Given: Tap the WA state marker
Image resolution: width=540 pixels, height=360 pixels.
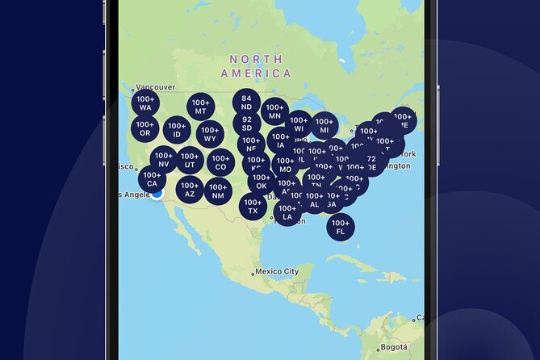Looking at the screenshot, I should pos(145,103).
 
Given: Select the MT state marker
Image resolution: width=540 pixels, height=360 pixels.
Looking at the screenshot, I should pos(201,107).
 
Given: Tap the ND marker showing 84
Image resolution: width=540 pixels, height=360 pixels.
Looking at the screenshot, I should pos(246,103).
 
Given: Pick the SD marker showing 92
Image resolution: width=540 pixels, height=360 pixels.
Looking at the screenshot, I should pos(246,123).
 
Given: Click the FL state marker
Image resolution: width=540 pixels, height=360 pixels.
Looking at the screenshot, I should pos(341,227).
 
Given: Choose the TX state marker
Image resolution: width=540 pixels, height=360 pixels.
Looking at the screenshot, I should pos(253,206).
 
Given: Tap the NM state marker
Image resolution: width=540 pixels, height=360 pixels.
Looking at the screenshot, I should pos(218,191).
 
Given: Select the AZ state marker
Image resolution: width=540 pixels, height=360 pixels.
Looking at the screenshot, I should pos(190,190).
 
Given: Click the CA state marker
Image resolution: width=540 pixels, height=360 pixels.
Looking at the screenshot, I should pos(152,179).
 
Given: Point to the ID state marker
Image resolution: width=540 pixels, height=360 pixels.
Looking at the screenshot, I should pos(177,129).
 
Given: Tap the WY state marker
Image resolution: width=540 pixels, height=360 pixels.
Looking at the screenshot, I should pos(210,134).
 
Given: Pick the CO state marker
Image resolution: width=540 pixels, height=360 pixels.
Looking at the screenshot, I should pos(220,163).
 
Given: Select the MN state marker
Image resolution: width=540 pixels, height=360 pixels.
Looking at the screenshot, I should pos(274,111).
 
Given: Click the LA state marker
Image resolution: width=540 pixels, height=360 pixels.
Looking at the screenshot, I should pos(287,212).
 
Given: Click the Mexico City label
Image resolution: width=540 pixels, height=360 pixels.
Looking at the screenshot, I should pos(277,272).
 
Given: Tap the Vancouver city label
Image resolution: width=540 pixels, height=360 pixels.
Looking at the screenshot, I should pos(155,87).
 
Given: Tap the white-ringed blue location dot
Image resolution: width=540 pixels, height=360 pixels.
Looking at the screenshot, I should pos(157,193).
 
